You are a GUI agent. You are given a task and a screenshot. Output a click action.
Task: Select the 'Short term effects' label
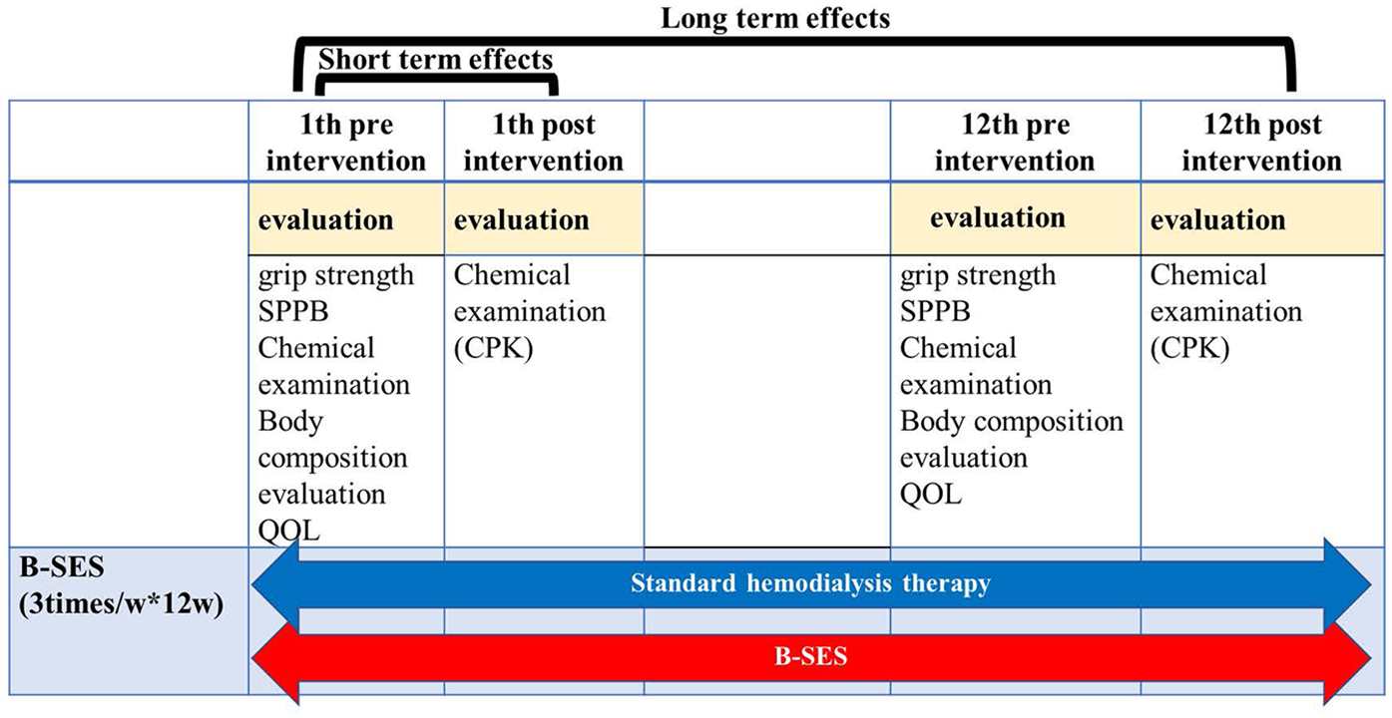click(x=435, y=59)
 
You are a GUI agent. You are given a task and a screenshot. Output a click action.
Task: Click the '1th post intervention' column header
click(x=543, y=143)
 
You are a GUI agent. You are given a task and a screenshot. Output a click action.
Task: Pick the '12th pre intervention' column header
click(x=1015, y=143)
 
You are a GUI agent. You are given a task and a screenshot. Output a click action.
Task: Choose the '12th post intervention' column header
click(x=1261, y=143)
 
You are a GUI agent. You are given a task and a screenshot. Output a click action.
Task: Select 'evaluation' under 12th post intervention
click(x=1217, y=219)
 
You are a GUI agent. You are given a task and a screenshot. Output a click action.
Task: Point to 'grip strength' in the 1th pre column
click(x=336, y=275)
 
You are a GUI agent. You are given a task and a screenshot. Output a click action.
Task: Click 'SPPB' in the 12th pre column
click(x=935, y=312)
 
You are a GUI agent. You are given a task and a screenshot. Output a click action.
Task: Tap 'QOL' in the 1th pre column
click(x=289, y=531)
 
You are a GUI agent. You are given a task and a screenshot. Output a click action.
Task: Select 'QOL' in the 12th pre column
click(x=931, y=495)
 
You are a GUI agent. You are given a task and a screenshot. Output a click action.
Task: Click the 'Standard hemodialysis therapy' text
click(x=810, y=583)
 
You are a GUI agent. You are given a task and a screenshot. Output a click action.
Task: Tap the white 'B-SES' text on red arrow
click(x=810, y=659)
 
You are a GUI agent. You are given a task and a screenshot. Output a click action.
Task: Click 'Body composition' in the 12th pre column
click(x=1011, y=422)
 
